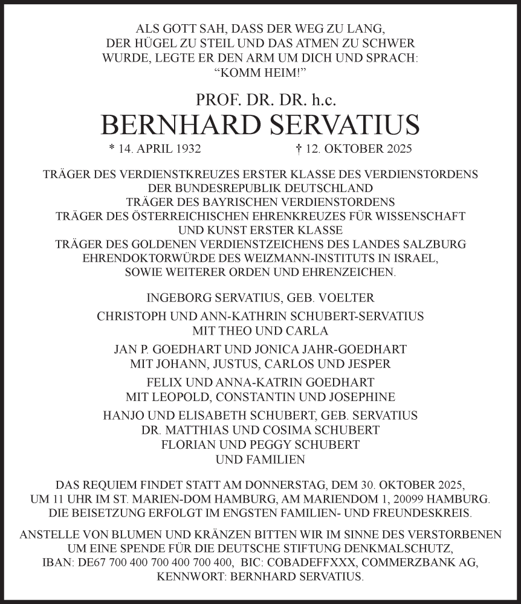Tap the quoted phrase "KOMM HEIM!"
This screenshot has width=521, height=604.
(260, 73)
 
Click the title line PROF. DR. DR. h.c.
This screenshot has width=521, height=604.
(260, 99)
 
